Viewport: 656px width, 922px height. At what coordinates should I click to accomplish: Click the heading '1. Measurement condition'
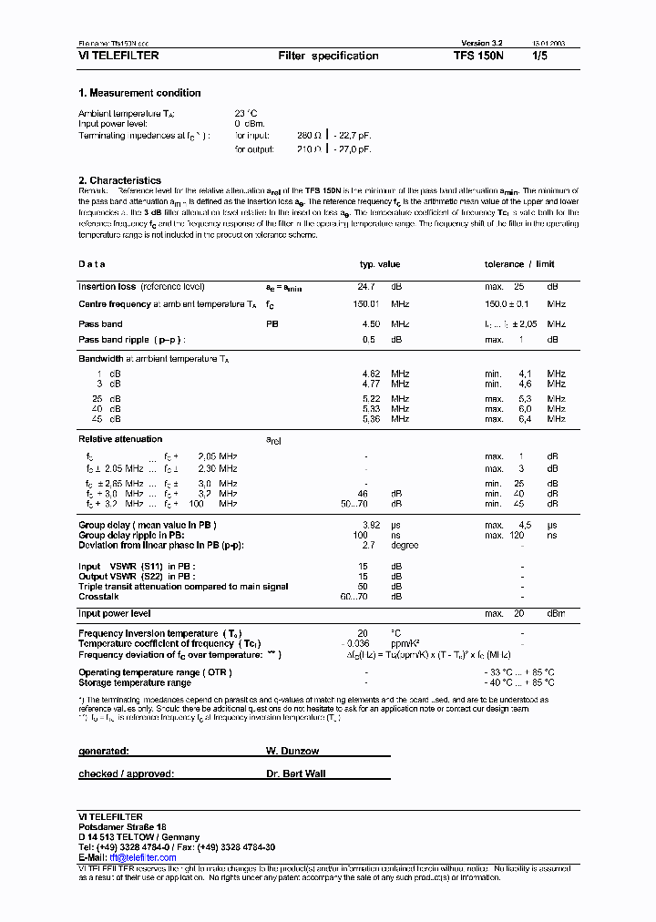139,93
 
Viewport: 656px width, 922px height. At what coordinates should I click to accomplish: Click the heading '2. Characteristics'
119,180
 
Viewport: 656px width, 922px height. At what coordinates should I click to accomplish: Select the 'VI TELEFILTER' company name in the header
118,56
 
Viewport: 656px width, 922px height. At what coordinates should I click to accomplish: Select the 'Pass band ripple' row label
131,340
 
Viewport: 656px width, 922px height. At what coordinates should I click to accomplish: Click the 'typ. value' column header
379,264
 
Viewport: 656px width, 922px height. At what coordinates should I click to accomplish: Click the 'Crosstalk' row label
98,597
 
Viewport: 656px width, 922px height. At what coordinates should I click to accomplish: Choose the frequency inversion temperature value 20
363,633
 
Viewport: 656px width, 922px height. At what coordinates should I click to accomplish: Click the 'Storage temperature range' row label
135,682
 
